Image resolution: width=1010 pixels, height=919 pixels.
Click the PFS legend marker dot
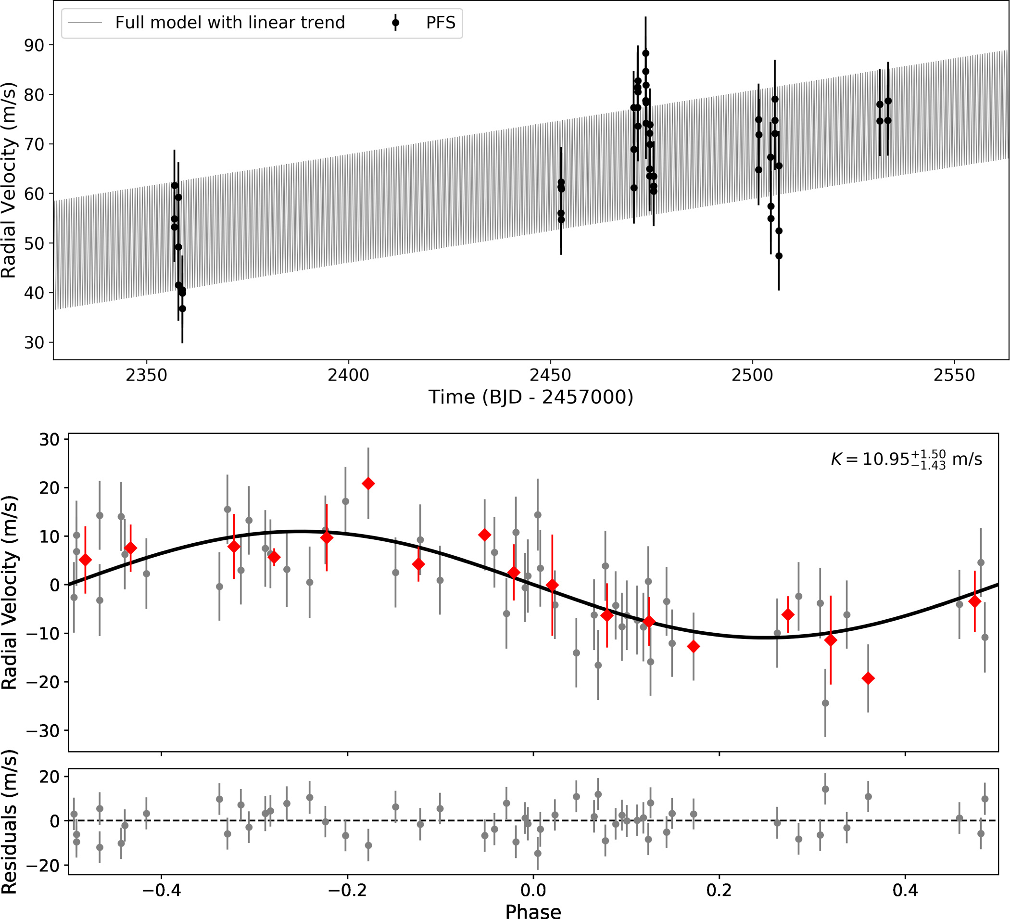click(395, 23)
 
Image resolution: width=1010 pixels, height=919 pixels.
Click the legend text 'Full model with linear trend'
click(230, 23)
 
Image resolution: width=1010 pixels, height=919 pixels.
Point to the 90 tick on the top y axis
click(34, 45)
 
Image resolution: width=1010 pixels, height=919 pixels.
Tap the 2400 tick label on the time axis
click(348, 375)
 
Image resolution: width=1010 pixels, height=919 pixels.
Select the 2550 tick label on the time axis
click(954, 375)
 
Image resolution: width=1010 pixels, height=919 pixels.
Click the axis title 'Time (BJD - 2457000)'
click(530, 397)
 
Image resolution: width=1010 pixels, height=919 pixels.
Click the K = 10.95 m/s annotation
click(906, 459)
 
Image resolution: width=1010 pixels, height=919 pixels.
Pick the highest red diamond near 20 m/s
click(368, 484)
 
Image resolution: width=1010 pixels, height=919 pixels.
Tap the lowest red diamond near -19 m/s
click(868, 678)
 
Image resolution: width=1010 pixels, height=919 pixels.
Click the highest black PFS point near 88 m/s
click(646, 53)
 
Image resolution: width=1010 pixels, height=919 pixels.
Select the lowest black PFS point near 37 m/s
click(182, 309)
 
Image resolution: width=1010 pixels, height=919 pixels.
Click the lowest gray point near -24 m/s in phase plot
click(825, 703)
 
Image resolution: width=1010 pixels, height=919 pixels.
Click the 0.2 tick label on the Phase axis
click(719, 890)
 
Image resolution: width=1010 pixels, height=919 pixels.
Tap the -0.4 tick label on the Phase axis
click(161, 890)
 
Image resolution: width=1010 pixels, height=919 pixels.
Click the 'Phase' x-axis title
click(532, 910)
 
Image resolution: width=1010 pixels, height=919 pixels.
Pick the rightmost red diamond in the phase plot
click(974, 601)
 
